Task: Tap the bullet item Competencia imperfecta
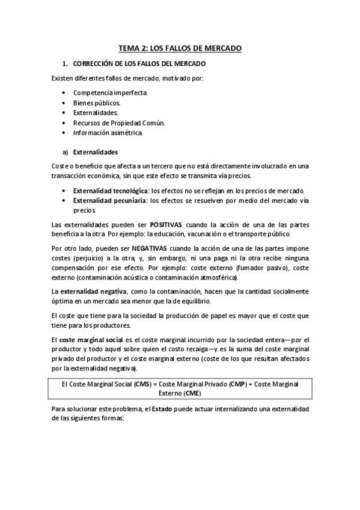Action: click(109, 93)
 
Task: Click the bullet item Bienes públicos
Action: click(97, 103)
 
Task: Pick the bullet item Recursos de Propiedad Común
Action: click(118, 122)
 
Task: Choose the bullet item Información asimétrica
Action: click(108, 132)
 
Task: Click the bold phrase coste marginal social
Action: click(90, 339)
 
